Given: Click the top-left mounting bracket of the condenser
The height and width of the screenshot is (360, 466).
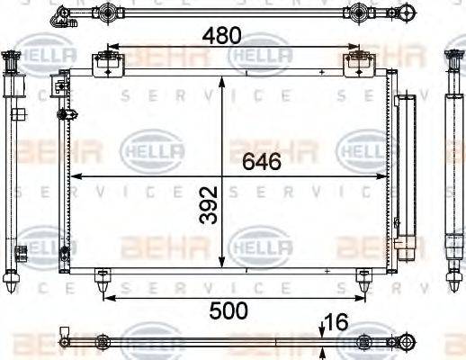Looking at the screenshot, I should [108, 63].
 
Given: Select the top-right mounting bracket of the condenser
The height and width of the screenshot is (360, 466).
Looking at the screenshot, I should [358, 63].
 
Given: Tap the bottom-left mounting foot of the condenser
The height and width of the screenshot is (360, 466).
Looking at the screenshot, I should [103, 281].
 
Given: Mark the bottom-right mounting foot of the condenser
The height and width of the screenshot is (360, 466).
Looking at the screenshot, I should [363, 281].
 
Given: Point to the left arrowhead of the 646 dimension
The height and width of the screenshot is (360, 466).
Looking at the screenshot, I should [76, 175].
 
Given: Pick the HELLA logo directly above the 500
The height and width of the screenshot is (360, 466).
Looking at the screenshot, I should [260, 244].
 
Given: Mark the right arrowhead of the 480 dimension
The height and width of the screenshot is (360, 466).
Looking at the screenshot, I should [354, 47].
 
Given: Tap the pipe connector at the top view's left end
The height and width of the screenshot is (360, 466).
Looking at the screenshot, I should [61, 13].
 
